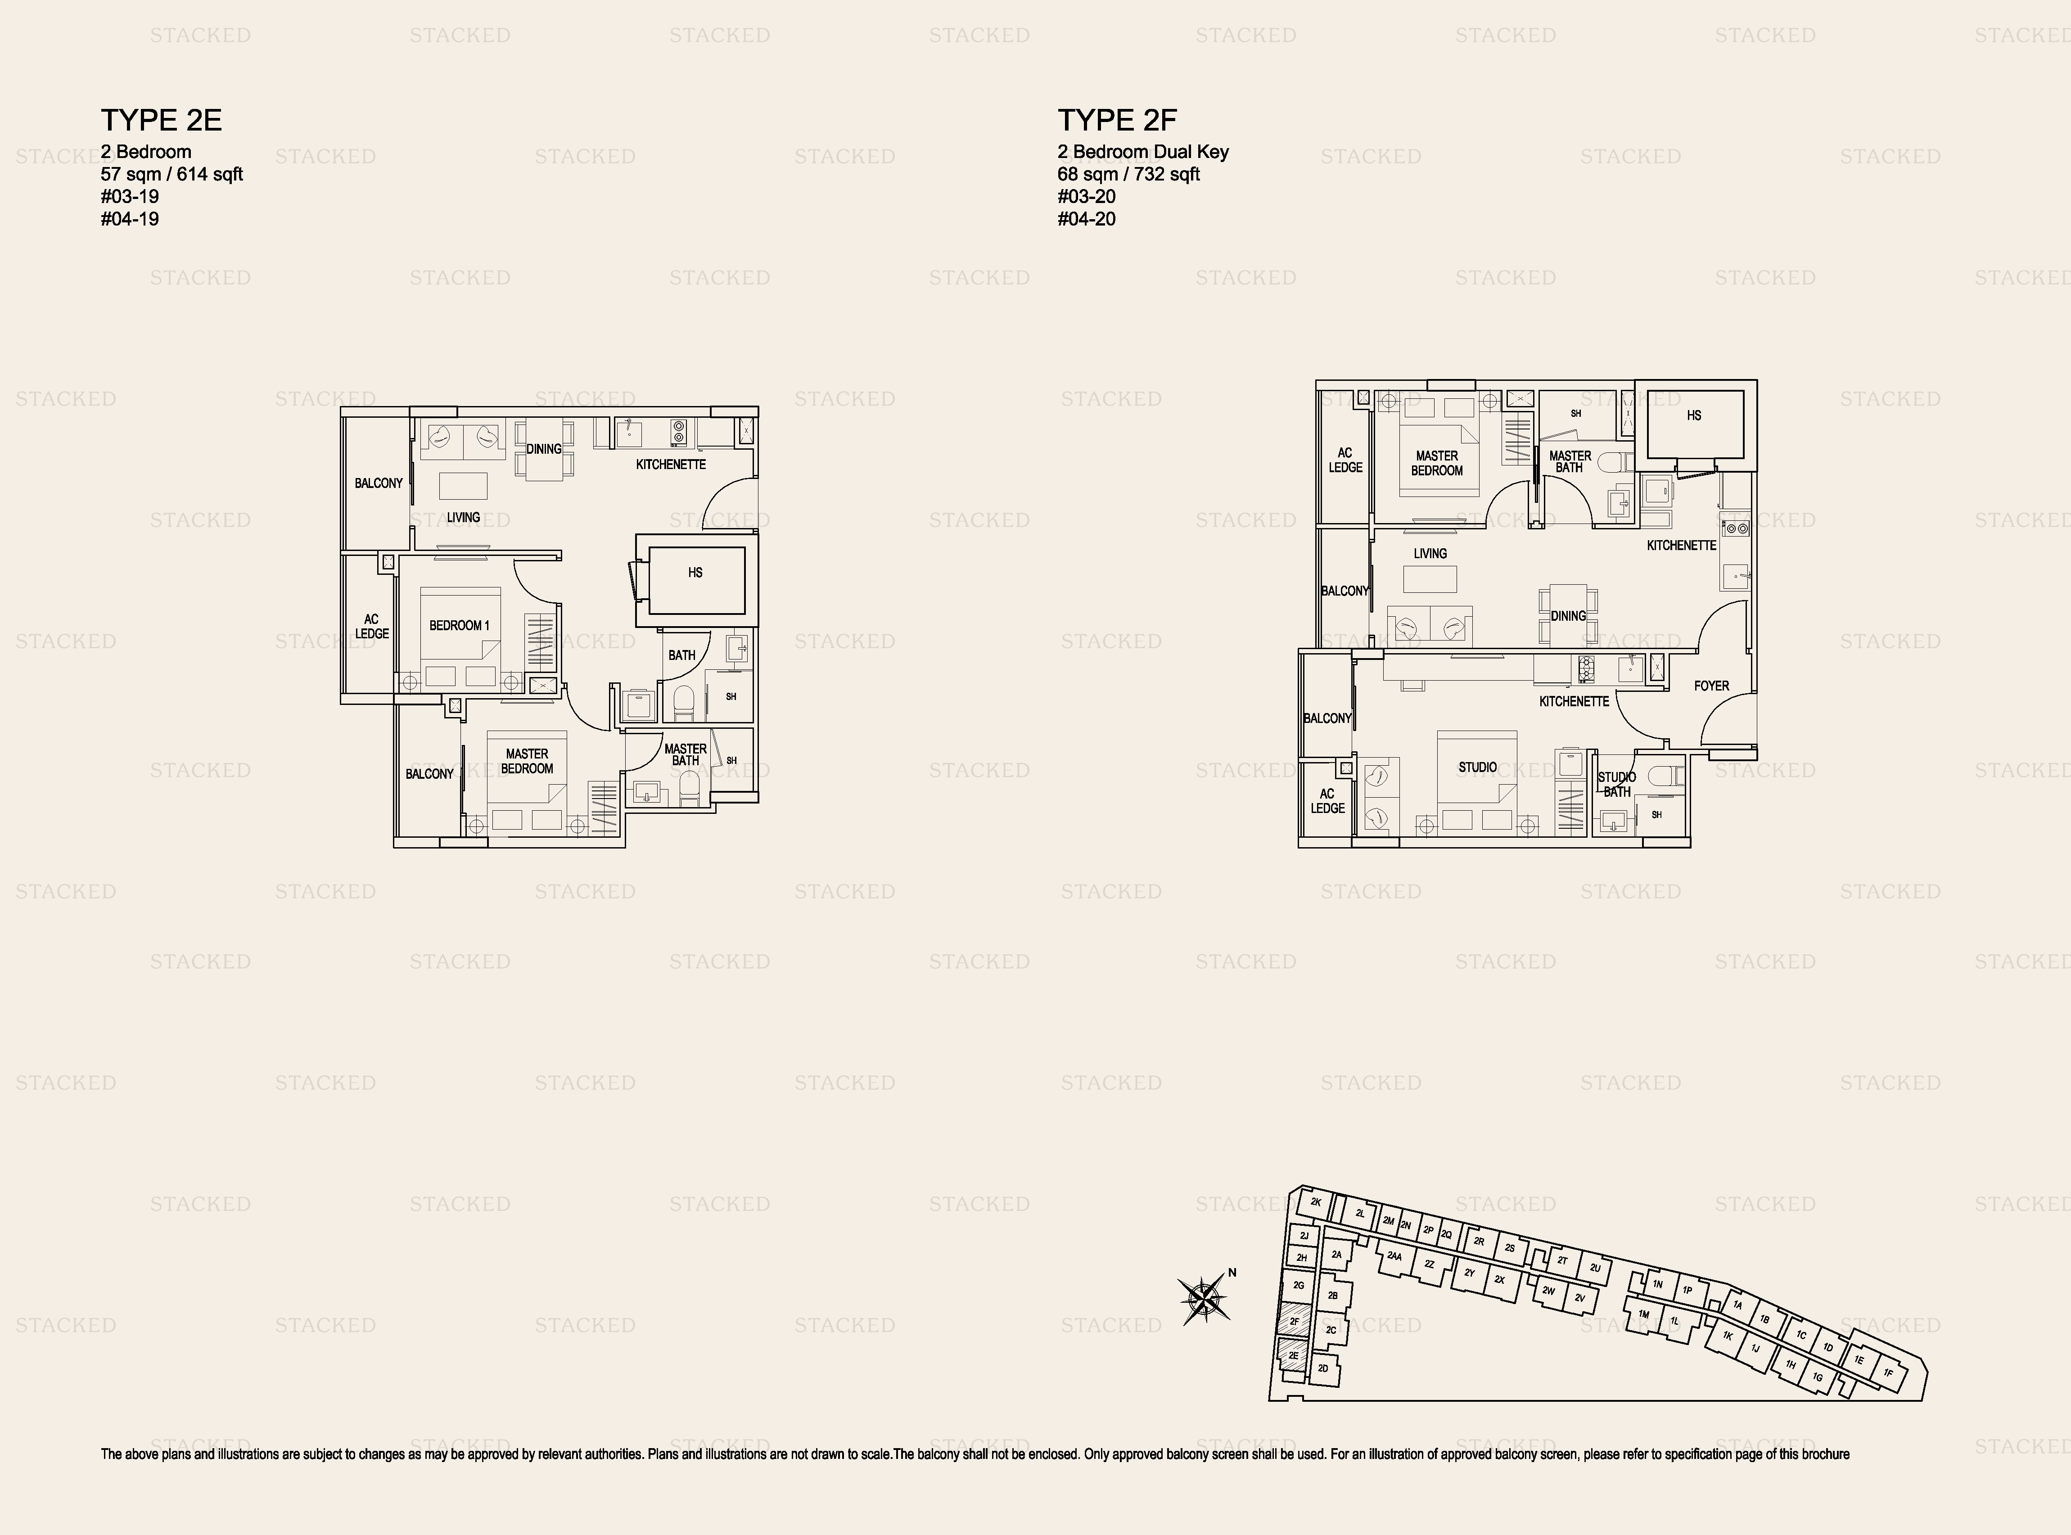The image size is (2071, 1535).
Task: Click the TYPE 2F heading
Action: (x=1117, y=120)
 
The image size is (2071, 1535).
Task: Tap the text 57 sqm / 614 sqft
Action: (x=172, y=174)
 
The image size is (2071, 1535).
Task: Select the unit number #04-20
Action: (x=1086, y=219)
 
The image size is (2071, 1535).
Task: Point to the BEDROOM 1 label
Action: (x=459, y=625)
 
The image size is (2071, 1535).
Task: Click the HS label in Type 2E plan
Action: (x=695, y=573)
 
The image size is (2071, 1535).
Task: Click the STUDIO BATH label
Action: (x=1617, y=784)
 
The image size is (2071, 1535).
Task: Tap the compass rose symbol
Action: (x=1204, y=1299)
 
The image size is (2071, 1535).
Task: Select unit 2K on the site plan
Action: (x=1315, y=1202)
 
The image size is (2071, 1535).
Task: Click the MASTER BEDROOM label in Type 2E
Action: (x=527, y=761)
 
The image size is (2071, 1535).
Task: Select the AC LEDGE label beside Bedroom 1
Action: (x=372, y=626)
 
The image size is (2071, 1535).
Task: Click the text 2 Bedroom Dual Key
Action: (x=1143, y=151)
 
